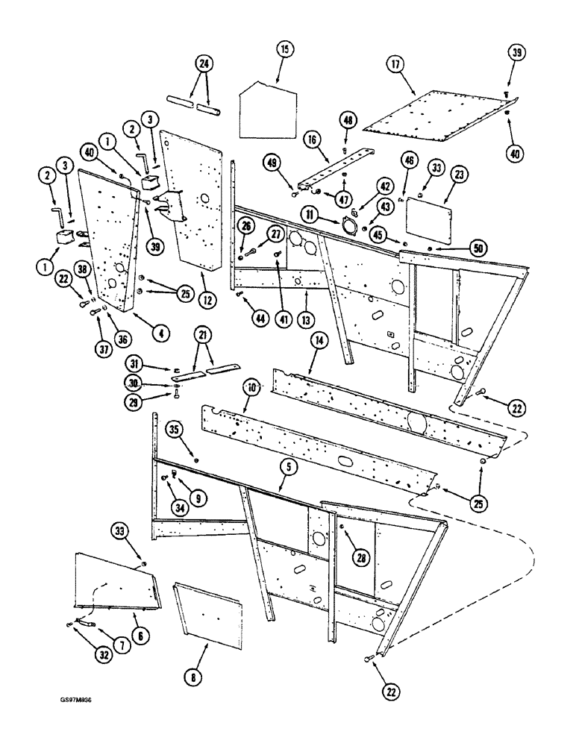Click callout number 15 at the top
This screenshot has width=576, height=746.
(283, 51)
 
